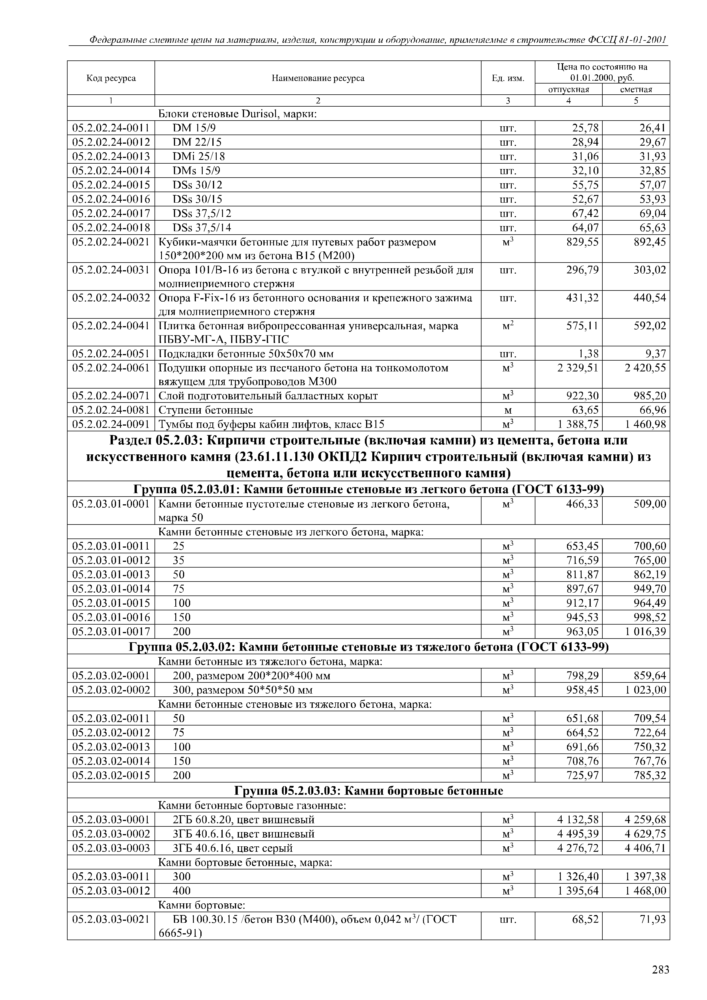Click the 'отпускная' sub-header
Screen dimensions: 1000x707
click(x=568, y=89)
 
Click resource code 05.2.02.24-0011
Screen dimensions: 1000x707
click(x=111, y=128)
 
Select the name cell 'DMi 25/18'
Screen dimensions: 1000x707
click(x=199, y=156)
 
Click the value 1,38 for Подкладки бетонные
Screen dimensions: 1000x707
click(x=586, y=353)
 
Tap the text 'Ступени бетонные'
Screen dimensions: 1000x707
click(x=205, y=410)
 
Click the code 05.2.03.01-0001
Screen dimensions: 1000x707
click(x=111, y=504)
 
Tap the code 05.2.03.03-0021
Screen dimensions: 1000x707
click(x=111, y=919)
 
